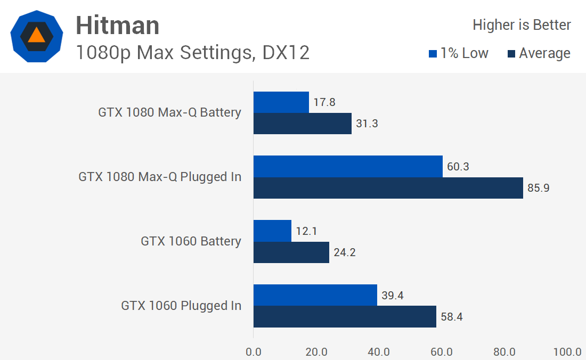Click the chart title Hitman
(x=117, y=25)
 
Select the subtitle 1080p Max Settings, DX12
(x=192, y=53)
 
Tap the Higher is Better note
(x=522, y=25)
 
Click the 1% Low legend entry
(x=458, y=53)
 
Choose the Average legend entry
(x=539, y=53)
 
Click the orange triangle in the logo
(x=36, y=36)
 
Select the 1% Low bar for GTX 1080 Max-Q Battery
(x=281, y=102)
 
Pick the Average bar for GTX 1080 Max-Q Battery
(x=302, y=124)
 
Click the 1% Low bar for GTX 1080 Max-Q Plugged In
(x=348, y=166)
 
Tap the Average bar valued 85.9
(x=388, y=188)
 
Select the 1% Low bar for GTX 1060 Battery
(x=272, y=231)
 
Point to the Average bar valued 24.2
(x=291, y=252)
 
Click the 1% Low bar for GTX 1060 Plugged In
(x=315, y=295)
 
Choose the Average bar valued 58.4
(x=345, y=316)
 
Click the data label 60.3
(x=458, y=167)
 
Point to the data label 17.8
(x=324, y=102)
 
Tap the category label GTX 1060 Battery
(x=191, y=241)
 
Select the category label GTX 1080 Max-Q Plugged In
(x=160, y=177)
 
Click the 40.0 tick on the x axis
(x=379, y=352)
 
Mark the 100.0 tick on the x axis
(x=567, y=352)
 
